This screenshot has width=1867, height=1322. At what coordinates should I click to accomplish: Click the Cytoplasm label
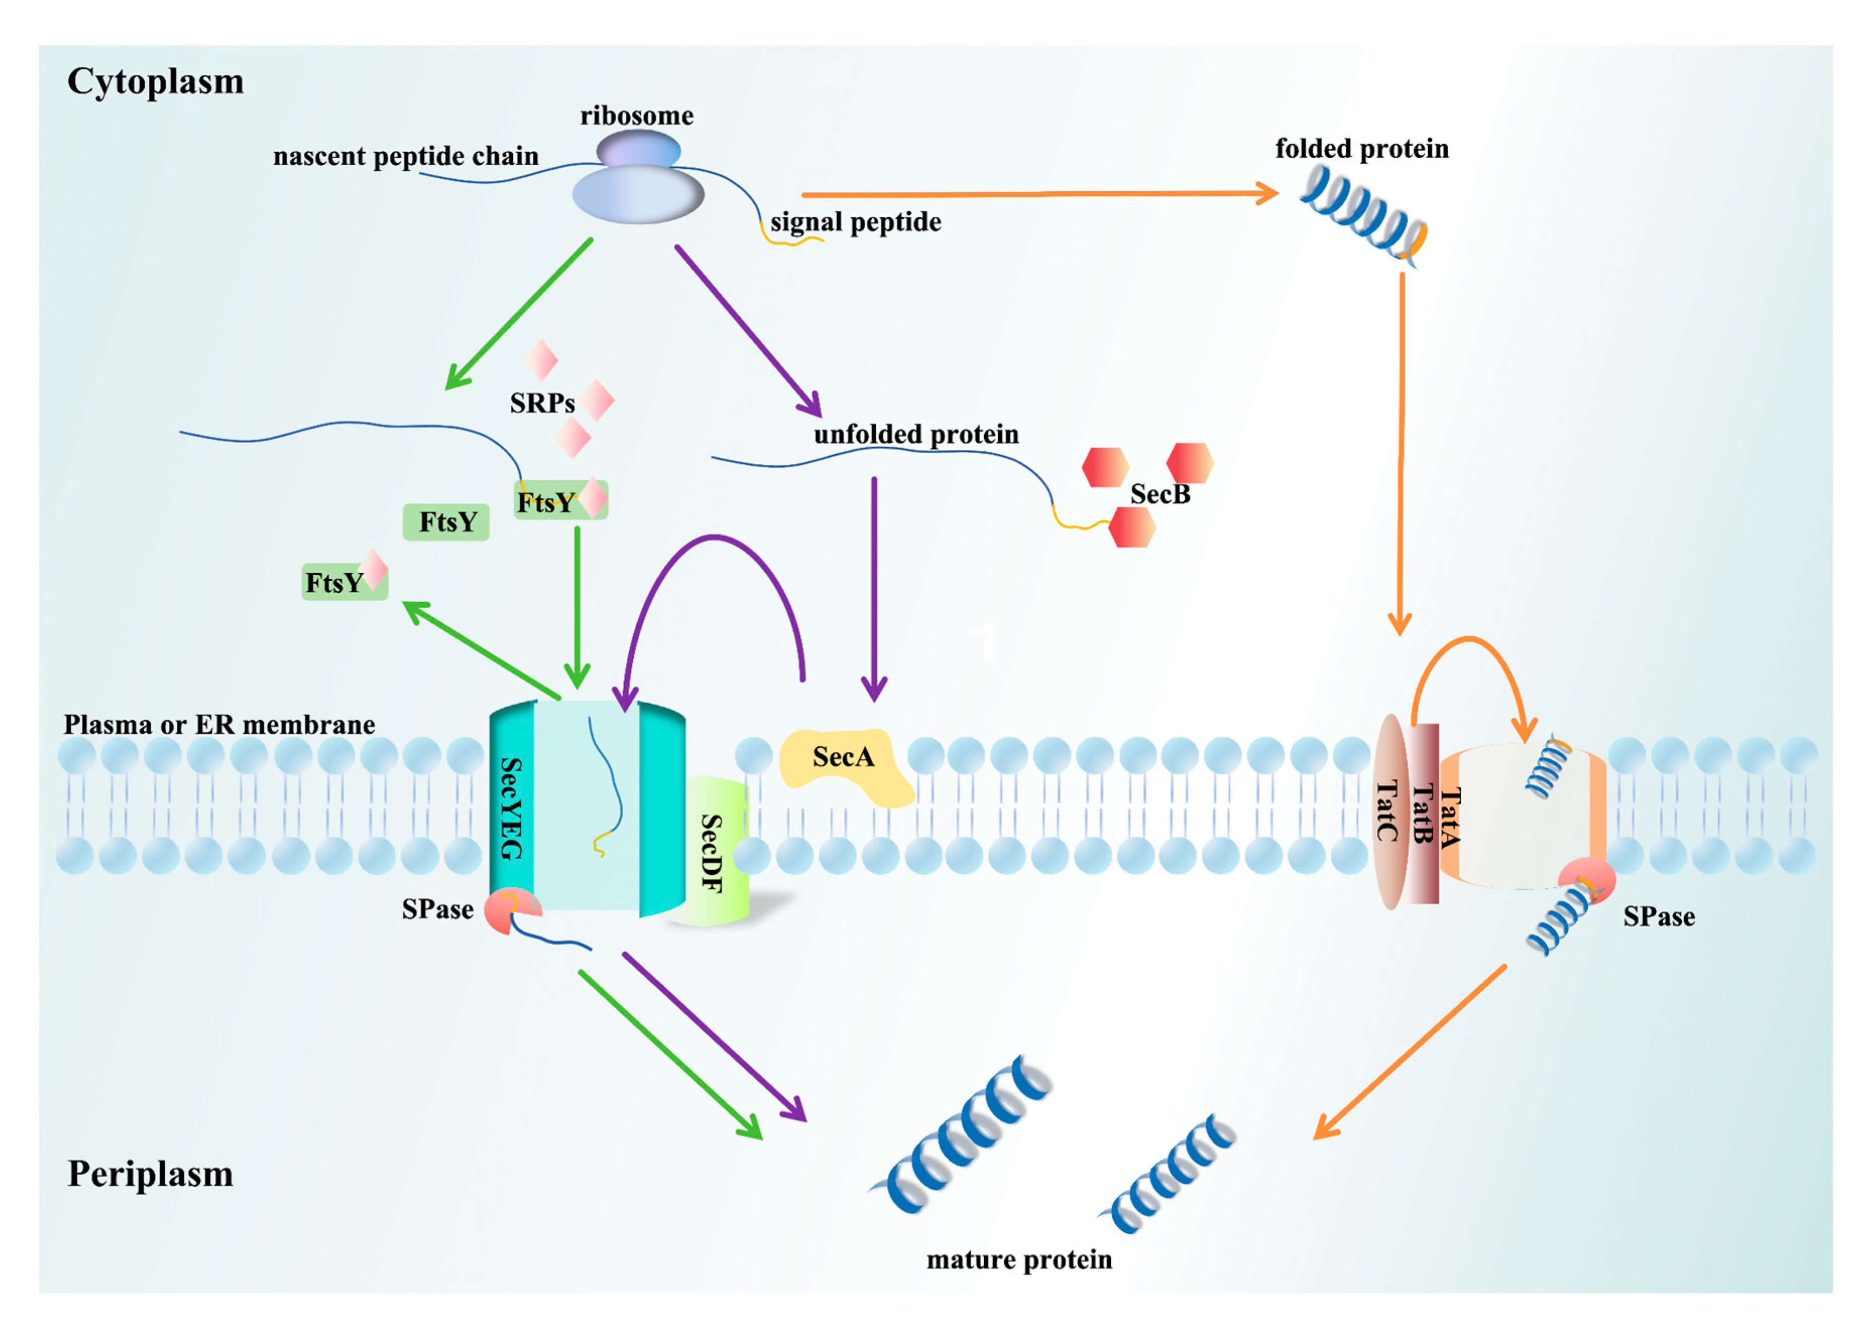[155, 81]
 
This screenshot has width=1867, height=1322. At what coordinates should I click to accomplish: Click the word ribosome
[636, 115]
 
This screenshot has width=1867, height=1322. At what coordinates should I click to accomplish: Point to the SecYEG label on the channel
[510, 808]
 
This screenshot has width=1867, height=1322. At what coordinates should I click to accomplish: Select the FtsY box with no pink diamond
[446, 522]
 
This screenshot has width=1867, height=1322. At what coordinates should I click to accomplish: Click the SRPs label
[542, 403]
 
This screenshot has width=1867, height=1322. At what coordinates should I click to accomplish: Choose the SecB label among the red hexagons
[1160, 494]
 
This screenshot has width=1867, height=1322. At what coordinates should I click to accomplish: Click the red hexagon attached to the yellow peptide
[1131, 527]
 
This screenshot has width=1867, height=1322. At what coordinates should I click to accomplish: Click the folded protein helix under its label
[1361, 216]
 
